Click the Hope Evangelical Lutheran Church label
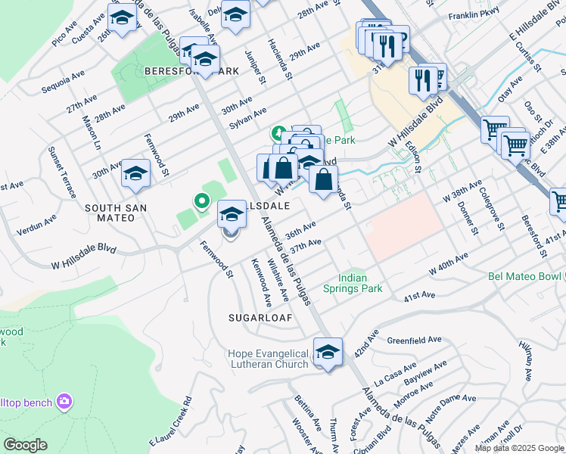pyautogui.click(x=269, y=359)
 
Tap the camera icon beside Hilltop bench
pyautogui.click(x=64, y=400)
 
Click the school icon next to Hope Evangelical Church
pyautogui.click(x=328, y=353)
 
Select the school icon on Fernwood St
pyautogui.click(x=135, y=173)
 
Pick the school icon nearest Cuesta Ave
pyautogui.click(x=121, y=17)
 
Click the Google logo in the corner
pyautogui.click(x=25, y=445)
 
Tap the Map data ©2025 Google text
pyautogui.click(x=519, y=448)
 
